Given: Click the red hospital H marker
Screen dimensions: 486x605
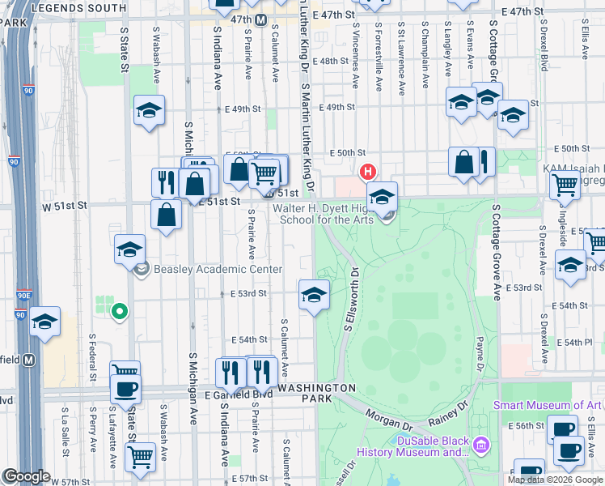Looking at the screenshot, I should tap(368, 172).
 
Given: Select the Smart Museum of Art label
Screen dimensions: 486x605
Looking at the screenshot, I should tap(549, 406).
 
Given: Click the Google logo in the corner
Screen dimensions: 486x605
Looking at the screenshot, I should tap(26, 477).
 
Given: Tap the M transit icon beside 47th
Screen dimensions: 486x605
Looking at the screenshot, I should tap(261, 19).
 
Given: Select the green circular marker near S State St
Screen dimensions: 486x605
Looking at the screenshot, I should tap(119, 310).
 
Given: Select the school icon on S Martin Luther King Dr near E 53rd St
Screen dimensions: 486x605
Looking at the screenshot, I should tap(314, 295).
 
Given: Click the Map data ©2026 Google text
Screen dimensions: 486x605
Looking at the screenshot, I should tap(554, 480).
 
